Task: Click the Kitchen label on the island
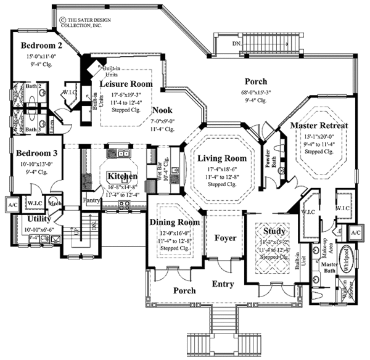(x=121, y=176)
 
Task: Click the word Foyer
(x=225, y=237)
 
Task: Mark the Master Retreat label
(x=319, y=126)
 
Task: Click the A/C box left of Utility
(x=12, y=204)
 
